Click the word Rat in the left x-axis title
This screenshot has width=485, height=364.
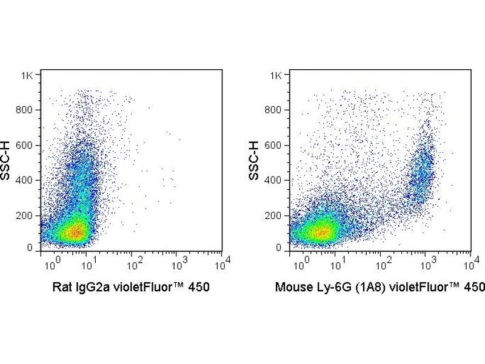pos(61,287)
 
